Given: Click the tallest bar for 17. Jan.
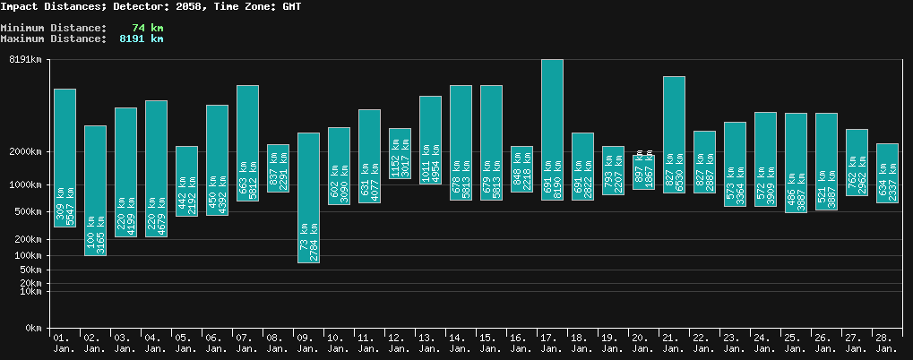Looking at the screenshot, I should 552,129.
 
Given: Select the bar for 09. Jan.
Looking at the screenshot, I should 308,197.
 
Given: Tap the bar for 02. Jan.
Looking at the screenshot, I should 95,190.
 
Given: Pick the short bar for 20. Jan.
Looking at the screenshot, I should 643,172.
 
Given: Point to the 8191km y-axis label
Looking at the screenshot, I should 24,60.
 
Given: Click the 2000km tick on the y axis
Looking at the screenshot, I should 24,152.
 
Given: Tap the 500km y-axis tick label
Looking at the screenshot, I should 27,212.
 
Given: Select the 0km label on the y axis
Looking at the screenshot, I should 32,329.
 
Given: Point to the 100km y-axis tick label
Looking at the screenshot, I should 27,256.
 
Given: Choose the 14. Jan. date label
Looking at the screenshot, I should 461,343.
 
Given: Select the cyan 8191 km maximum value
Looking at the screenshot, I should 142,39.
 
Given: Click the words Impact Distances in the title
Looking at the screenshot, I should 53,6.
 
